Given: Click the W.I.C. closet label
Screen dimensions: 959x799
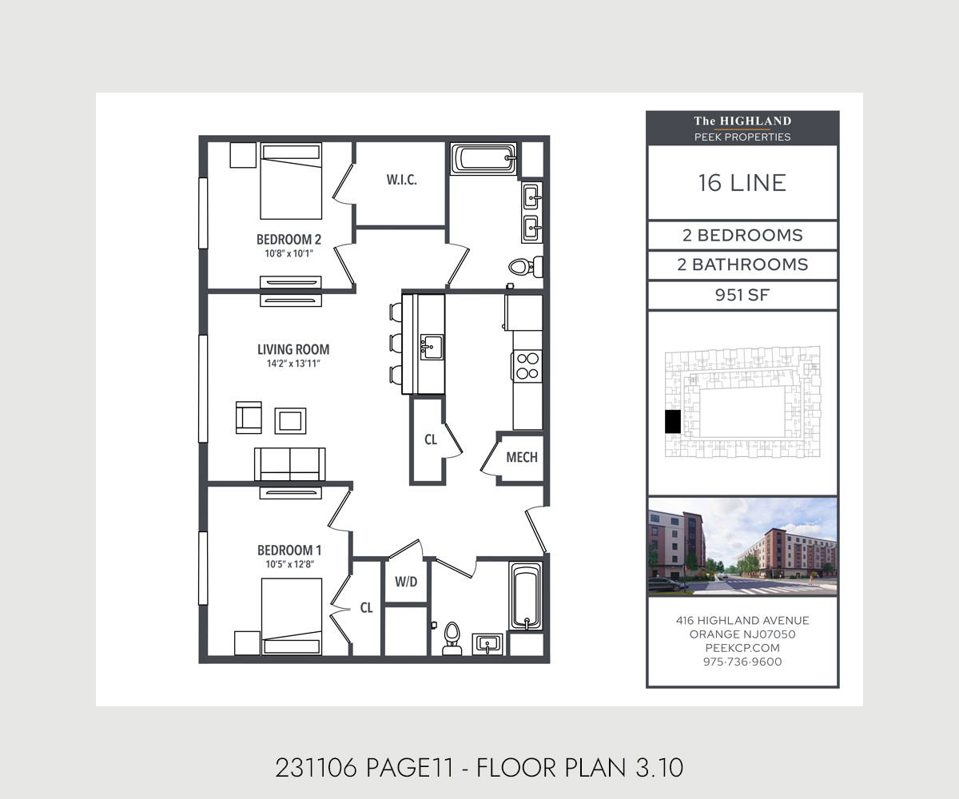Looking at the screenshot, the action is tap(401, 180).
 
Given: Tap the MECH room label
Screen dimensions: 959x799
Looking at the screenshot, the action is tap(522, 457).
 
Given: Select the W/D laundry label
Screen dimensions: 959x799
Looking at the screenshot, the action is tap(406, 582).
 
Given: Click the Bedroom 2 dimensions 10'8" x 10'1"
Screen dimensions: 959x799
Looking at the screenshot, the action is tap(288, 253).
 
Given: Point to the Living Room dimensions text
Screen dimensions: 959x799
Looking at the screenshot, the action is tap(293, 364).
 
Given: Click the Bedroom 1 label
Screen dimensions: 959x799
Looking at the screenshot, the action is tap(289, 551).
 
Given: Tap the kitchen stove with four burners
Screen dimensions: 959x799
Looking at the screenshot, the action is tap(527, 366).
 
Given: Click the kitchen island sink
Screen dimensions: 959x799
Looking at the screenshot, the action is tap(432, 347).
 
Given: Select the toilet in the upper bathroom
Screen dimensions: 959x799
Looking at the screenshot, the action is tap(525, 267).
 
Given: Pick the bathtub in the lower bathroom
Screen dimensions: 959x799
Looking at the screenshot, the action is tap(526, 596).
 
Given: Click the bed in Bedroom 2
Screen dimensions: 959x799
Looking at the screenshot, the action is tap(291, 181).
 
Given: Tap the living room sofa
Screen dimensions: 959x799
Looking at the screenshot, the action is tap(290, 464).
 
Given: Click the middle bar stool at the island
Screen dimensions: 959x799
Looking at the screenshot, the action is tap(396, 343).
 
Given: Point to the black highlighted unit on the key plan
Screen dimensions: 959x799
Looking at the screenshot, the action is tap(673, 422).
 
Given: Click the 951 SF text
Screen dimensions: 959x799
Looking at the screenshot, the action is tap(742, 295).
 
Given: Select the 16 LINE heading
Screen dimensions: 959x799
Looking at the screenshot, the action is tap(742, 183).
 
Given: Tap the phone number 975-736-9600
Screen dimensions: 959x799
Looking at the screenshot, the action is tap(742, 662).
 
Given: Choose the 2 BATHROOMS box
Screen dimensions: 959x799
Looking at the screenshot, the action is tap(742, 265).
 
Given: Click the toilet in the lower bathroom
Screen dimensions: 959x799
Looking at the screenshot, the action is tap(452, 638).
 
